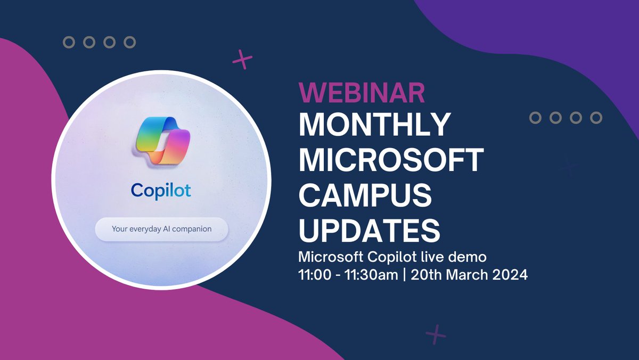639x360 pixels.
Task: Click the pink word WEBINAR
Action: coord(362,93)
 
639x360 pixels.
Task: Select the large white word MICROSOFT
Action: coord(391,160)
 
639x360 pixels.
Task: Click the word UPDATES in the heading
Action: coord(370,229)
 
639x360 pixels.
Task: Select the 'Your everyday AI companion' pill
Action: coord(161,230)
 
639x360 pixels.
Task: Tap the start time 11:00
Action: coord(314,275)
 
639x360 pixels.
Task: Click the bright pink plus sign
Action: coord(242,60)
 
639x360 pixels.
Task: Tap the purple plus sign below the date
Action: coord(436,334)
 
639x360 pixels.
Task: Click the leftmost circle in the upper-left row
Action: coord(69,42)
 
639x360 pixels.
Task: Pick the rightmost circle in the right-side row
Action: coord(596,118)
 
